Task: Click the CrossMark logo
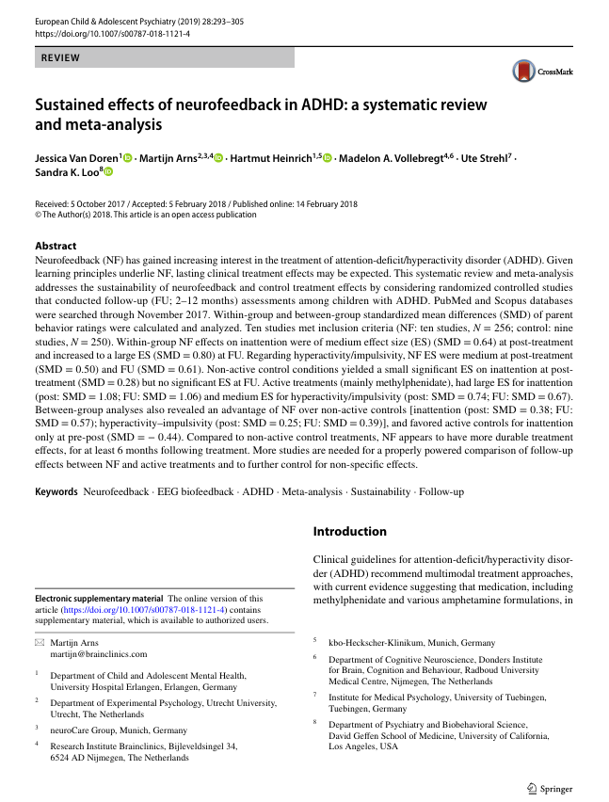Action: tap(542, 72)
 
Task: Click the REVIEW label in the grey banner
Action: tap(60, 58)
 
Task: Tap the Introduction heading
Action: tap(349, 531)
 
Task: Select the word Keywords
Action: tap(56, 492)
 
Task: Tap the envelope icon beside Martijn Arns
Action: tap(39, 642)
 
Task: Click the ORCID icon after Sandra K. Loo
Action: tap(107, 172)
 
